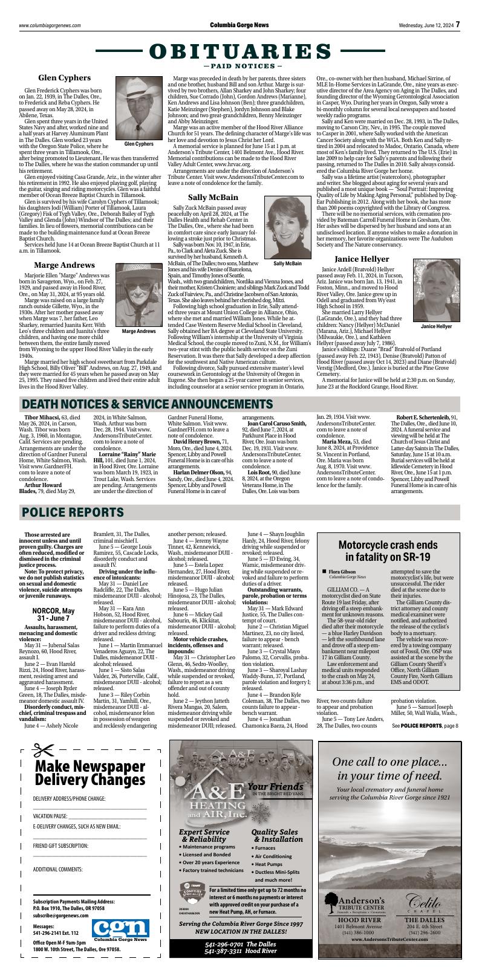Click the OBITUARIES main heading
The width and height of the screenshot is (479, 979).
[239, 52]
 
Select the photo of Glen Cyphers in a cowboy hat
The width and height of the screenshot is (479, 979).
[138, 106]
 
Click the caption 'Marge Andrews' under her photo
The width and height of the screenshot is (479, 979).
[138, 331]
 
